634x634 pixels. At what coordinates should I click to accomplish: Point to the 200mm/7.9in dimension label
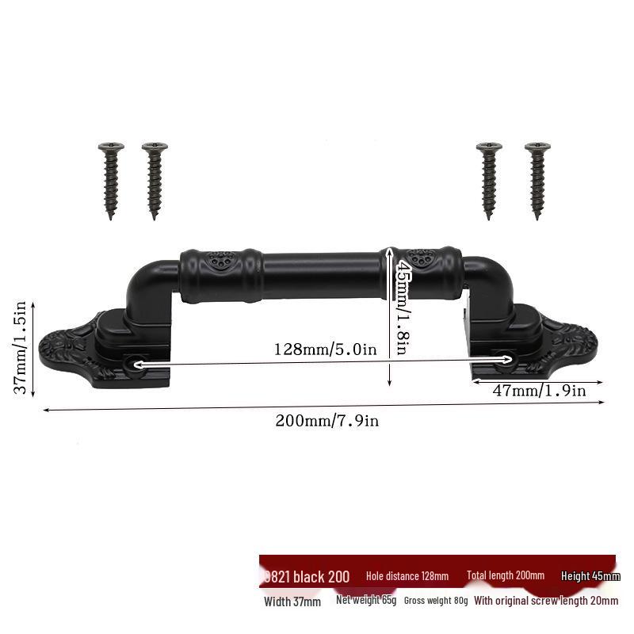(327, 421)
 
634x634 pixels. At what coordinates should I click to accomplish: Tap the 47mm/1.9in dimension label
(540, 390)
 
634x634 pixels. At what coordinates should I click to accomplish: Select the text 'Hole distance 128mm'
(407, 576)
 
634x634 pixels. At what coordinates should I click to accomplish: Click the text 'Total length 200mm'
(506, 576)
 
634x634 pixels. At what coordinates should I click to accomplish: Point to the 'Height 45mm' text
(590, 576)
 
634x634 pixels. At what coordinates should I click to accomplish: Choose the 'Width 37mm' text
(292, 602)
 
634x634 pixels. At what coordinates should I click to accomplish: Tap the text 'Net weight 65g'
(366, 600)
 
